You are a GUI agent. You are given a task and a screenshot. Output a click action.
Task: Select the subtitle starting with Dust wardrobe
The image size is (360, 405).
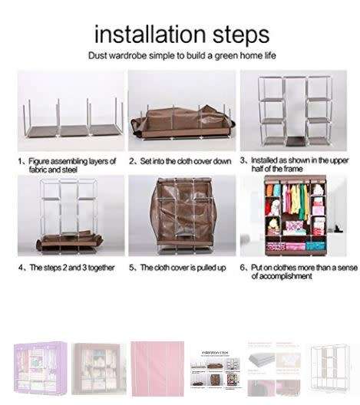coord(182,56)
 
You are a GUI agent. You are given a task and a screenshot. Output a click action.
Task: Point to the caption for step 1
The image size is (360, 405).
coord(68,165)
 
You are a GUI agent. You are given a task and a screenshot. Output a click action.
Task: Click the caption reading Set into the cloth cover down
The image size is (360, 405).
coord(180,161)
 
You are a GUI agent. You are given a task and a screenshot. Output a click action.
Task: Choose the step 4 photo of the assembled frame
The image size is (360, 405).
coord(71,216)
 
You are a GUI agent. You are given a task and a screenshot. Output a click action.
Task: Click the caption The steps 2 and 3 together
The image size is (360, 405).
coord(67,268)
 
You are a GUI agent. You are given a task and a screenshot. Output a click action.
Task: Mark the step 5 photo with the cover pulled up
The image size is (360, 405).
coord(180,216)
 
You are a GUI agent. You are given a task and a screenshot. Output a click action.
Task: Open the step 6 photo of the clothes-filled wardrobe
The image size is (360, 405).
coord(293,216)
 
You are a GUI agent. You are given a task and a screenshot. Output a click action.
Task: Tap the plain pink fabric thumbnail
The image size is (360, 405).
coord(157,367)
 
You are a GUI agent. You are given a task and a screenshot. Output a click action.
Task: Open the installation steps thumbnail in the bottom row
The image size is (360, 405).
coord(216,367)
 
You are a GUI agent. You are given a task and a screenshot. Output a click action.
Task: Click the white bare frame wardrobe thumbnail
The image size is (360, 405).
coord(330,367)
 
